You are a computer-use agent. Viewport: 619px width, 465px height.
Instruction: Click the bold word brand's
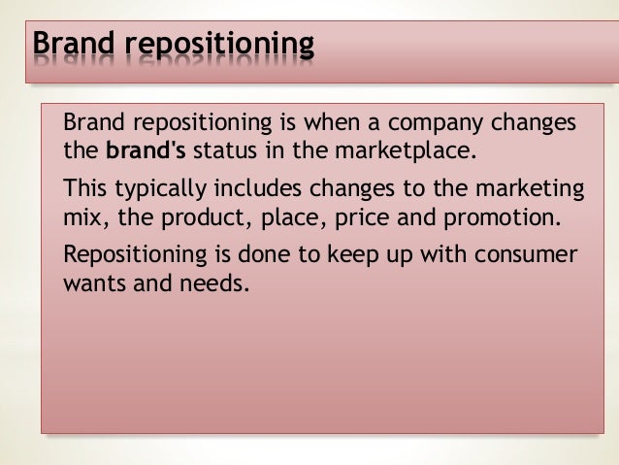tap(146, 151)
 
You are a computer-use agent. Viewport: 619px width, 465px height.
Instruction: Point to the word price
tap(366, 216)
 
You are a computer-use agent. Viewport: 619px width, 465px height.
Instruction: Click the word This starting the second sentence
tap(83, 187)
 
